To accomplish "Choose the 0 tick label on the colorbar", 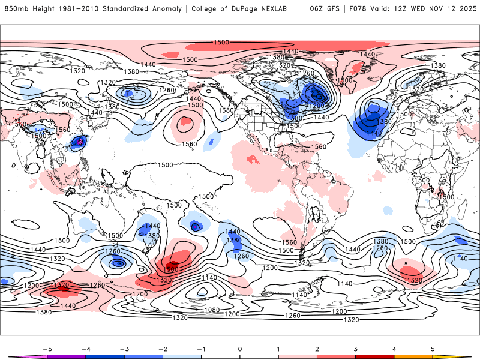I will pyautogui.click(x=239, y=349).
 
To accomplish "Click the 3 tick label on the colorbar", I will pyautogui.click(x=355, y=349).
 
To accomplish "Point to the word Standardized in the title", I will pyautogui.click(x=127, y=9).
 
